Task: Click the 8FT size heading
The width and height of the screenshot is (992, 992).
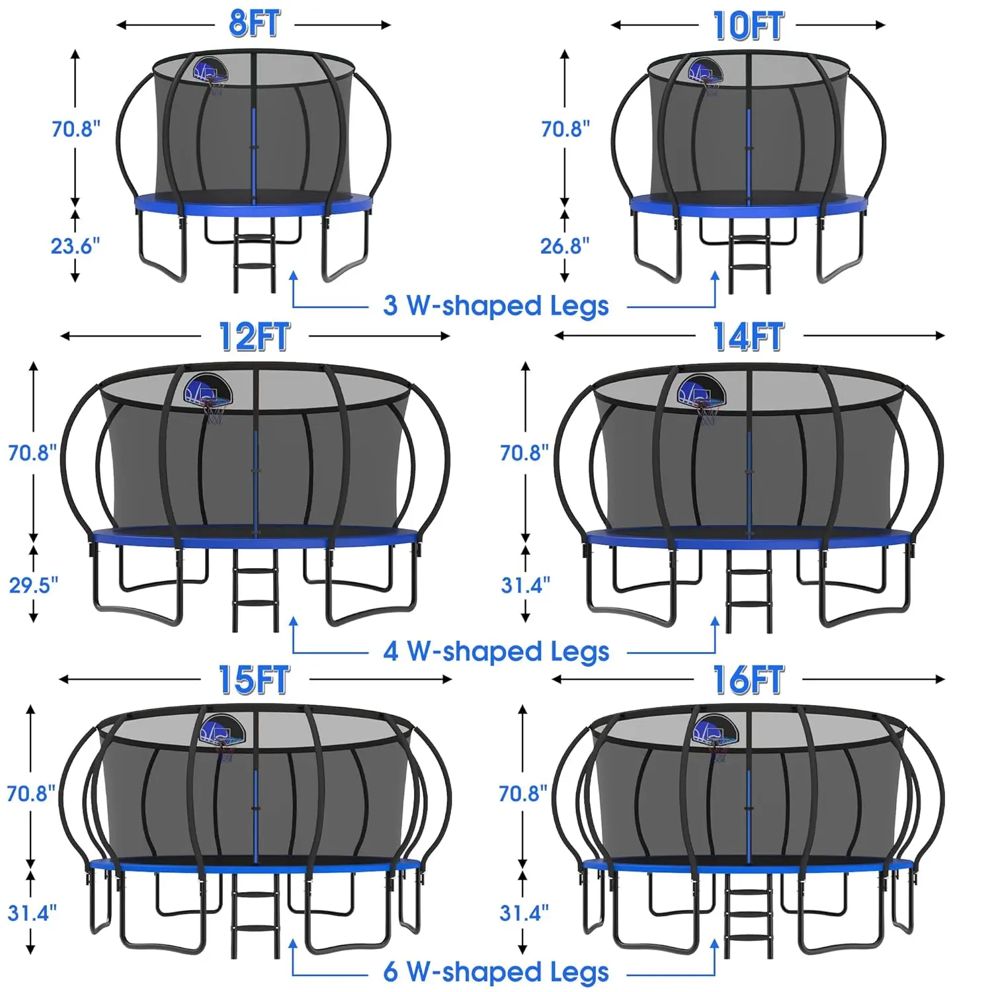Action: pos(255,24)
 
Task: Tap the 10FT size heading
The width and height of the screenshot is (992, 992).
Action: pos(748,26)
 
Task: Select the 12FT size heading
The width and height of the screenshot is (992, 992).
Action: pos(255,337)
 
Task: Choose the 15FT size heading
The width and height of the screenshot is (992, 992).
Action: pos(255,680)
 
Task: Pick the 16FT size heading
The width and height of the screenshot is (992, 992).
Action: pos(749,680)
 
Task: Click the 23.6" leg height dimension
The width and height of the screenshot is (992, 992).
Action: pos(75,246)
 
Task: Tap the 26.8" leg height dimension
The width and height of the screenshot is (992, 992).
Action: pos(565,246)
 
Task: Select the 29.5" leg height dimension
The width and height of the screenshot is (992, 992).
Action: pos(34,585)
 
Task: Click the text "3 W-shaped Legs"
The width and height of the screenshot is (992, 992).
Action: pos(496,306)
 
